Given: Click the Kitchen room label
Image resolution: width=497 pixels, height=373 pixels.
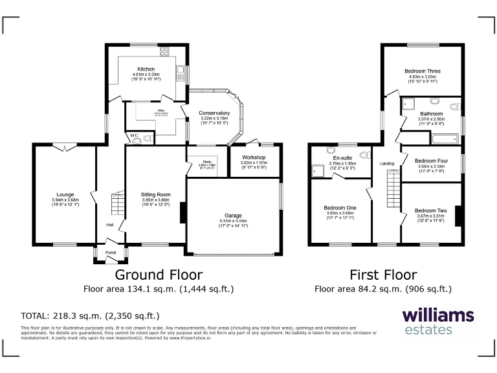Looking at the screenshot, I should (146, 69).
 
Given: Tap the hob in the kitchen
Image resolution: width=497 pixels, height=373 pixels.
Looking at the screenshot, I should (164, 52).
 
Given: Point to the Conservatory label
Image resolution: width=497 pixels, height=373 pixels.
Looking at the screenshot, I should (214, 113).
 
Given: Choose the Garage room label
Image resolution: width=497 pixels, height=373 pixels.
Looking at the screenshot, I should (232, 216).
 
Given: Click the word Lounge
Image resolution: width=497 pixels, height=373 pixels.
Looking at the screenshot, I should (64, 194).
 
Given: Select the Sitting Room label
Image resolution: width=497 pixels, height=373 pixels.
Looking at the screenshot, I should (155, 194).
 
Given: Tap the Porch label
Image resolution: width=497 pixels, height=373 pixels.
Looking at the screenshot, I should (111, 253).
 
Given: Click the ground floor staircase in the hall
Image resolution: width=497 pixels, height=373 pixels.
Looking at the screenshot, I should (117, 204).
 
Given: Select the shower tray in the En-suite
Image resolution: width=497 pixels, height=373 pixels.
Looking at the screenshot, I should (318, 171).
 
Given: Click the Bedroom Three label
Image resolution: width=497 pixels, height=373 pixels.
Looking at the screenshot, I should (423, 71).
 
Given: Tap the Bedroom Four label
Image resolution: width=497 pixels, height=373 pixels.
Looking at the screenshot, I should (431, 161).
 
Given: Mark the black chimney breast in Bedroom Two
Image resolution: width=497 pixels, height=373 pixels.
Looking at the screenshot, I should (458, 216).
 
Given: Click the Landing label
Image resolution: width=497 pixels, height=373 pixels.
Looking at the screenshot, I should (387, 164).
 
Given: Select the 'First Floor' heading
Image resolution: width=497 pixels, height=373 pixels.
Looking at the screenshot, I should (382, 275).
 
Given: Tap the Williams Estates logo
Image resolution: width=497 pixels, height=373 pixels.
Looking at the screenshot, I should (438, 322).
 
